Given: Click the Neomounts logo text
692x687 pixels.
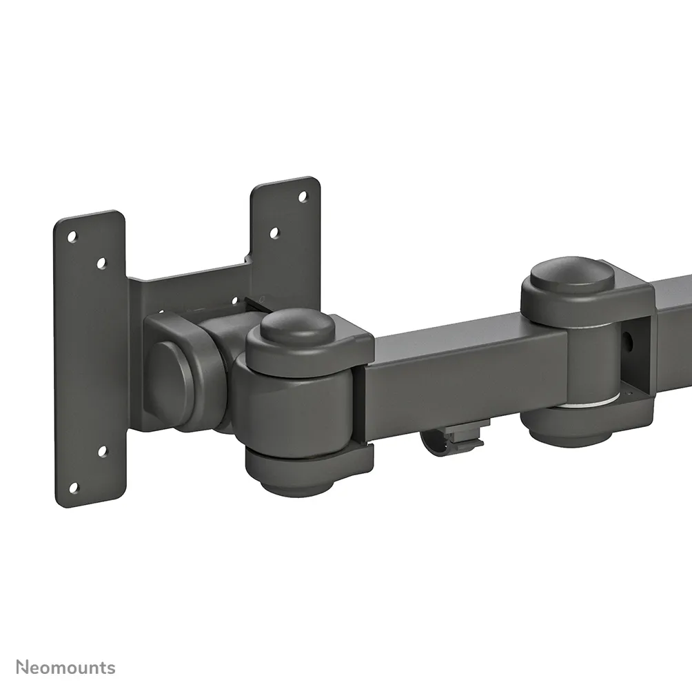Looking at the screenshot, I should point(66,668).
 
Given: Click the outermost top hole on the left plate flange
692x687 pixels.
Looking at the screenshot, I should point(72,237).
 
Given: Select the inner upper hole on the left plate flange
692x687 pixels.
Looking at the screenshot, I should point(101,263).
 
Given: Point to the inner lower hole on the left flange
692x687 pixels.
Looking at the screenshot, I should point(102,452).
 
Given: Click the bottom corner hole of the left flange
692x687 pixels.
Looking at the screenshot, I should point(73,488).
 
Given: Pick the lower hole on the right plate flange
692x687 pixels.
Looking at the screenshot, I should point(274,233).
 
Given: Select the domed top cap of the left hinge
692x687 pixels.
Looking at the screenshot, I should point(296,326).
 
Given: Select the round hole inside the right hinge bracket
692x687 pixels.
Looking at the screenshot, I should point(628,340).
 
